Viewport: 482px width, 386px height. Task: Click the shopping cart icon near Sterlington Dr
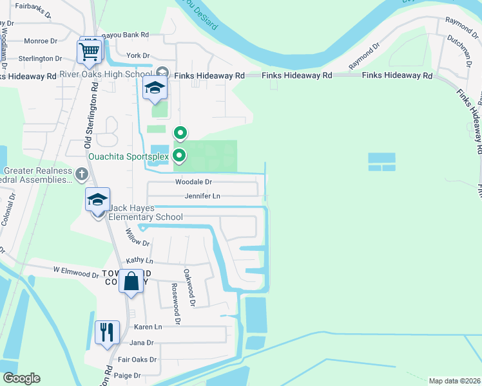[90, 51]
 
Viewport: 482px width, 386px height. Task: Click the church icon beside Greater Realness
[81, 173]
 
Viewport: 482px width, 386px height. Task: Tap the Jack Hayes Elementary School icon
[98, 200]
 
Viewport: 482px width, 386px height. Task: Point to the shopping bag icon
[131, 282]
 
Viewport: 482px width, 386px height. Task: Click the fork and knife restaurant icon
[107, 333]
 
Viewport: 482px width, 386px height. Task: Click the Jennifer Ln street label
[202, 196]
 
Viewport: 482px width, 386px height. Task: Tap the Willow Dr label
[137, 238]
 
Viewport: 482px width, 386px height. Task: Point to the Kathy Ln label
[140, 261]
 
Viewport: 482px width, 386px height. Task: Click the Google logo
[21, 378]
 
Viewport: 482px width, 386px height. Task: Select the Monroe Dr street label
[40, 41]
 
